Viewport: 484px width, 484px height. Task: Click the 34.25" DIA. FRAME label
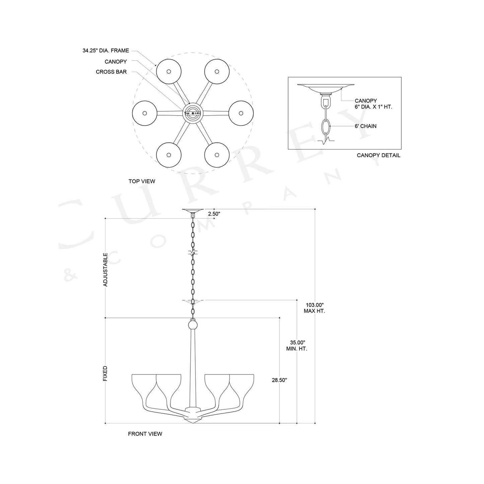[106, 51]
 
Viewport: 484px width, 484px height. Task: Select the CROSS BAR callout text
[111, 72]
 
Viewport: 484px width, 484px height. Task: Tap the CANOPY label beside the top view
[116, 62]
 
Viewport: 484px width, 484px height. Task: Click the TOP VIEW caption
[142, 181]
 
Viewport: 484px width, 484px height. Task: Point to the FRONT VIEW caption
[145, 434]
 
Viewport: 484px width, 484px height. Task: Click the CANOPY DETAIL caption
[378, 155]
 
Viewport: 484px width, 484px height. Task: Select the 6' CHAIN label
[365, 126]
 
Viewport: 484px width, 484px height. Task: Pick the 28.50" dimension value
[279, 380]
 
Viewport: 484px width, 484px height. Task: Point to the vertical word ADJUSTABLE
[106, 269]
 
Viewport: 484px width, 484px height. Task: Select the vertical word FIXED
[106, 373]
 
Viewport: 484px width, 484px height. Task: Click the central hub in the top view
[193, 113]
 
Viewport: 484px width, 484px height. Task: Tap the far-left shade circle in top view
[144, 113]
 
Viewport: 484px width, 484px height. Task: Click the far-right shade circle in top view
[241, 113]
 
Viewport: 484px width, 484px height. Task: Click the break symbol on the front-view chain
[193, 253]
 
